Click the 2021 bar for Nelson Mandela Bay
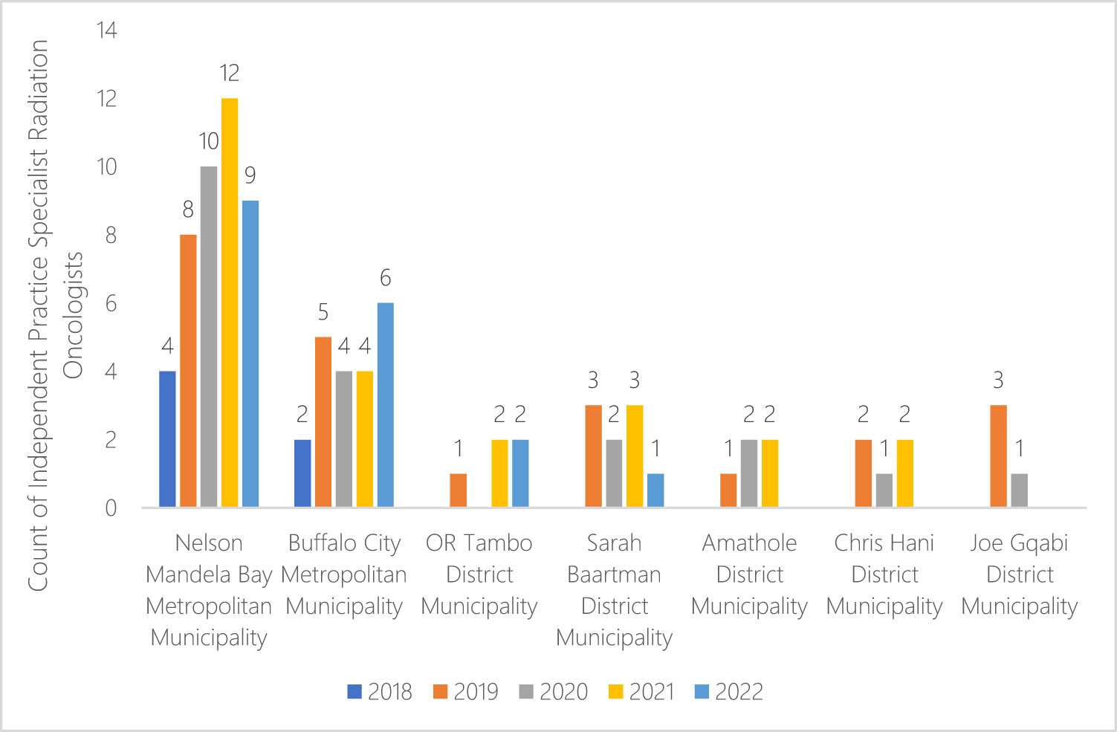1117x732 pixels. click(230, 302)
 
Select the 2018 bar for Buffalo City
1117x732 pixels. click(302, 473)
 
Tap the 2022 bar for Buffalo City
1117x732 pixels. click(385, 405)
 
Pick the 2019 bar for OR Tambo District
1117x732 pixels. click(459, 490)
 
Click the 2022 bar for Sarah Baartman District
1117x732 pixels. click(655, 490)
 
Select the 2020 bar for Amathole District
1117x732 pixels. click(749, 473)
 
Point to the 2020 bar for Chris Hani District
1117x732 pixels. click(884, 490)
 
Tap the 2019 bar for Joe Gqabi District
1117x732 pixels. click(999, 456)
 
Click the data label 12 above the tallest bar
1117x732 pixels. click(230, 73)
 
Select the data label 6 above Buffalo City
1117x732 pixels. click(385, 278)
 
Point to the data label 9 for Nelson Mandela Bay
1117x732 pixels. click(250, 175)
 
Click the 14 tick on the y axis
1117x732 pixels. click(106, 30)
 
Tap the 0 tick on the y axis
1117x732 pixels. click(111, 508)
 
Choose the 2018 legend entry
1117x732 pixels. click(380, 692)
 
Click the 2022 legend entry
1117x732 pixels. click(728, 692)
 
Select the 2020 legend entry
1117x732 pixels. click(554, 692)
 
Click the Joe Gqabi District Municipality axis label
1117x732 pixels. click(1019, 574)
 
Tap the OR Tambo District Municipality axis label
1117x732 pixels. click(479, 574)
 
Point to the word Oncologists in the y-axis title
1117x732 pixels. click(73, 316)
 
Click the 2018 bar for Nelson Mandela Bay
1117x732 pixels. click(168, 439)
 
